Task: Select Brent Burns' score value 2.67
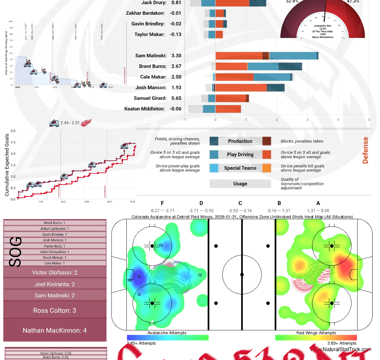coord(176,66)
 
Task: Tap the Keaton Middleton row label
coord(144,109)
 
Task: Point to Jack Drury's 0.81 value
coord(176,3)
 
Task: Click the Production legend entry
coord(240,141)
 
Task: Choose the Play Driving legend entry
coord(240,155)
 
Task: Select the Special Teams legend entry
coord(240,168)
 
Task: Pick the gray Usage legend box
coord(240,184)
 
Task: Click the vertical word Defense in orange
coord(365,150)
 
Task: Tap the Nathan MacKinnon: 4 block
coord(55,330)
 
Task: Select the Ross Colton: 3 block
coord(55,310)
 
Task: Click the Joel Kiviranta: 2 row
coord(55,284)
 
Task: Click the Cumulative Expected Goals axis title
coord(7,165)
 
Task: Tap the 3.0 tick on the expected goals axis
coord(13,131)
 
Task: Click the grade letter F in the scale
coord(162,203)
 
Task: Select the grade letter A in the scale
coord(318,203)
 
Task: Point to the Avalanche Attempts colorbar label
coord(167,333)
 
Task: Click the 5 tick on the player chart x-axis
coord(369,120)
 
